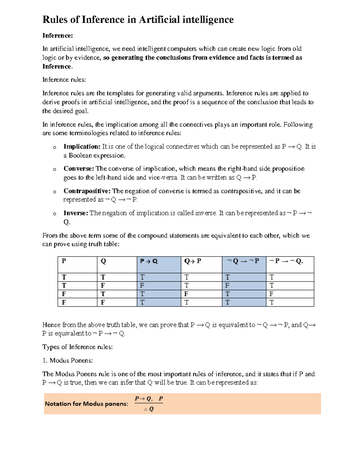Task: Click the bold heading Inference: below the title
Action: point(58,36)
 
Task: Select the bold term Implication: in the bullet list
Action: point(82,147)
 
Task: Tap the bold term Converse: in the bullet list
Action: point(79,169)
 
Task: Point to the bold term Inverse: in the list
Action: point(76,213)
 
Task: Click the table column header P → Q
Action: point(149,261)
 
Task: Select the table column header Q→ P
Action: point(193,261)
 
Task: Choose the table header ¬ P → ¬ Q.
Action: point(286,261)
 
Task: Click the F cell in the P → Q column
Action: point(142,285)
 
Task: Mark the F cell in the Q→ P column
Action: point(186,294)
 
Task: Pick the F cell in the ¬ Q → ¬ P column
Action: point(227,285)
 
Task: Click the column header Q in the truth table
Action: point(103,261)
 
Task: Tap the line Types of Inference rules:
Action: point(77,347)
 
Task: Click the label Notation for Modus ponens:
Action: point(86,404)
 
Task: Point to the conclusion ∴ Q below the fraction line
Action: point(149,409)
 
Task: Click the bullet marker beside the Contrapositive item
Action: point(54,192)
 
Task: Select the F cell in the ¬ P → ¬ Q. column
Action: point(271,294)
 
